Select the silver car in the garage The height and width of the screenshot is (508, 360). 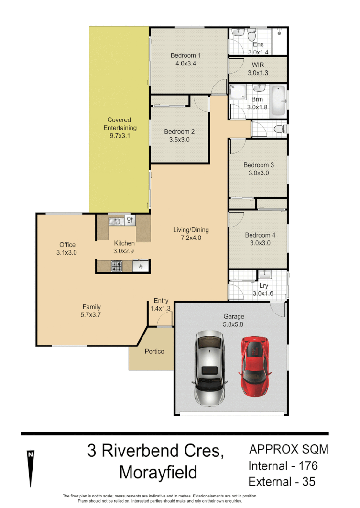(x=209, y=368)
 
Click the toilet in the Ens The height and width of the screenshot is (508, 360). (x=252, y=34)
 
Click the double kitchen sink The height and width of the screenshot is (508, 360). (x=114, y=221)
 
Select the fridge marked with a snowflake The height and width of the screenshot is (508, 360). (x=141, y=267)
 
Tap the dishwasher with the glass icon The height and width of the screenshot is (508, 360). (x=130, y=220)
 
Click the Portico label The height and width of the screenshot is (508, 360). (x=154, y=351)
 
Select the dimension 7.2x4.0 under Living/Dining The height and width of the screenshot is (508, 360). (x=191, y=238)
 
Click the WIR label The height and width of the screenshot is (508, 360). (x=258, y=65)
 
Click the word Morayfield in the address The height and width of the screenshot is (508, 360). (x=158, y=473)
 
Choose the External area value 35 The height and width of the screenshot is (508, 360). (x=306, y=482)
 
